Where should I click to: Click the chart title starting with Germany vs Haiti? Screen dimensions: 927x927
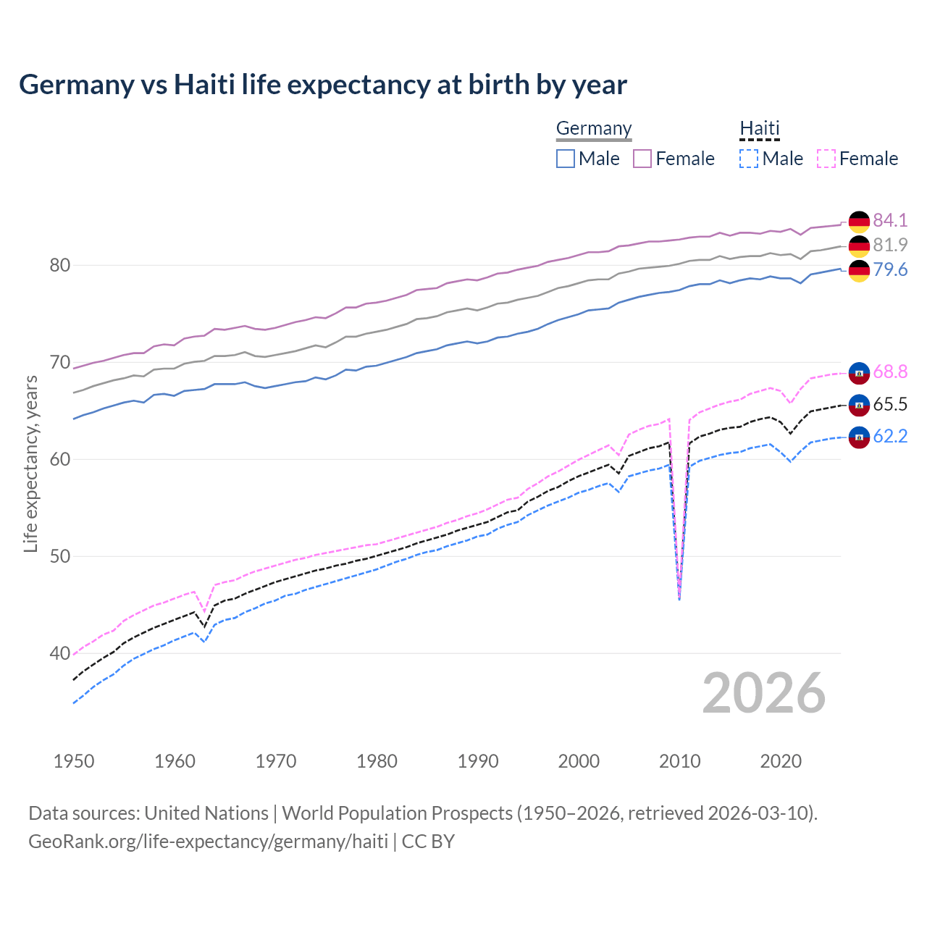pos(323,85)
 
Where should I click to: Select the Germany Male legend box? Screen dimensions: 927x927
pos(566,159)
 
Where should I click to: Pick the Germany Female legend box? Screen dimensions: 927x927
pos(642,159)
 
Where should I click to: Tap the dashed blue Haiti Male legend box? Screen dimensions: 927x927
pos(749,159)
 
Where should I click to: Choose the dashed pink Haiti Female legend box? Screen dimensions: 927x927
pos(826,159)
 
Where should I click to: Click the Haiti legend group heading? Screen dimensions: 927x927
pos(759,129)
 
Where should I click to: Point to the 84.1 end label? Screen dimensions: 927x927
pos(890,220)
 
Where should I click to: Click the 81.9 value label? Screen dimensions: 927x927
pos(890,245)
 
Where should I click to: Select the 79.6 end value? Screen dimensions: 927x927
pos(890,269)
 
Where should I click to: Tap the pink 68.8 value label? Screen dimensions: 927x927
pos(890,372)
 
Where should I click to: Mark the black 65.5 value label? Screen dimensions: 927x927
pos(890,404)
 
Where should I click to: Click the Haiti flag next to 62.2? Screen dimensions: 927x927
pos(859,437)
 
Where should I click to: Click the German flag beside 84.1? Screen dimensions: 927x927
pos(859,221)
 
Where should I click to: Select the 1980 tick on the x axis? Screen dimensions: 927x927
pos(377,761)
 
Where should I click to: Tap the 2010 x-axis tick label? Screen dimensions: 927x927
pos(679,761)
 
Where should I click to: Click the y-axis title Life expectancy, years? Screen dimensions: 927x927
pos(30,463)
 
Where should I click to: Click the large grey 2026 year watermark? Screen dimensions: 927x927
pos(763,693)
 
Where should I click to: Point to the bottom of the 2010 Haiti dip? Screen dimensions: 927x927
pos(679,598)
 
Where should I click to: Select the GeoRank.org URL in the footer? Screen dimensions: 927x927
pos(208,842)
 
